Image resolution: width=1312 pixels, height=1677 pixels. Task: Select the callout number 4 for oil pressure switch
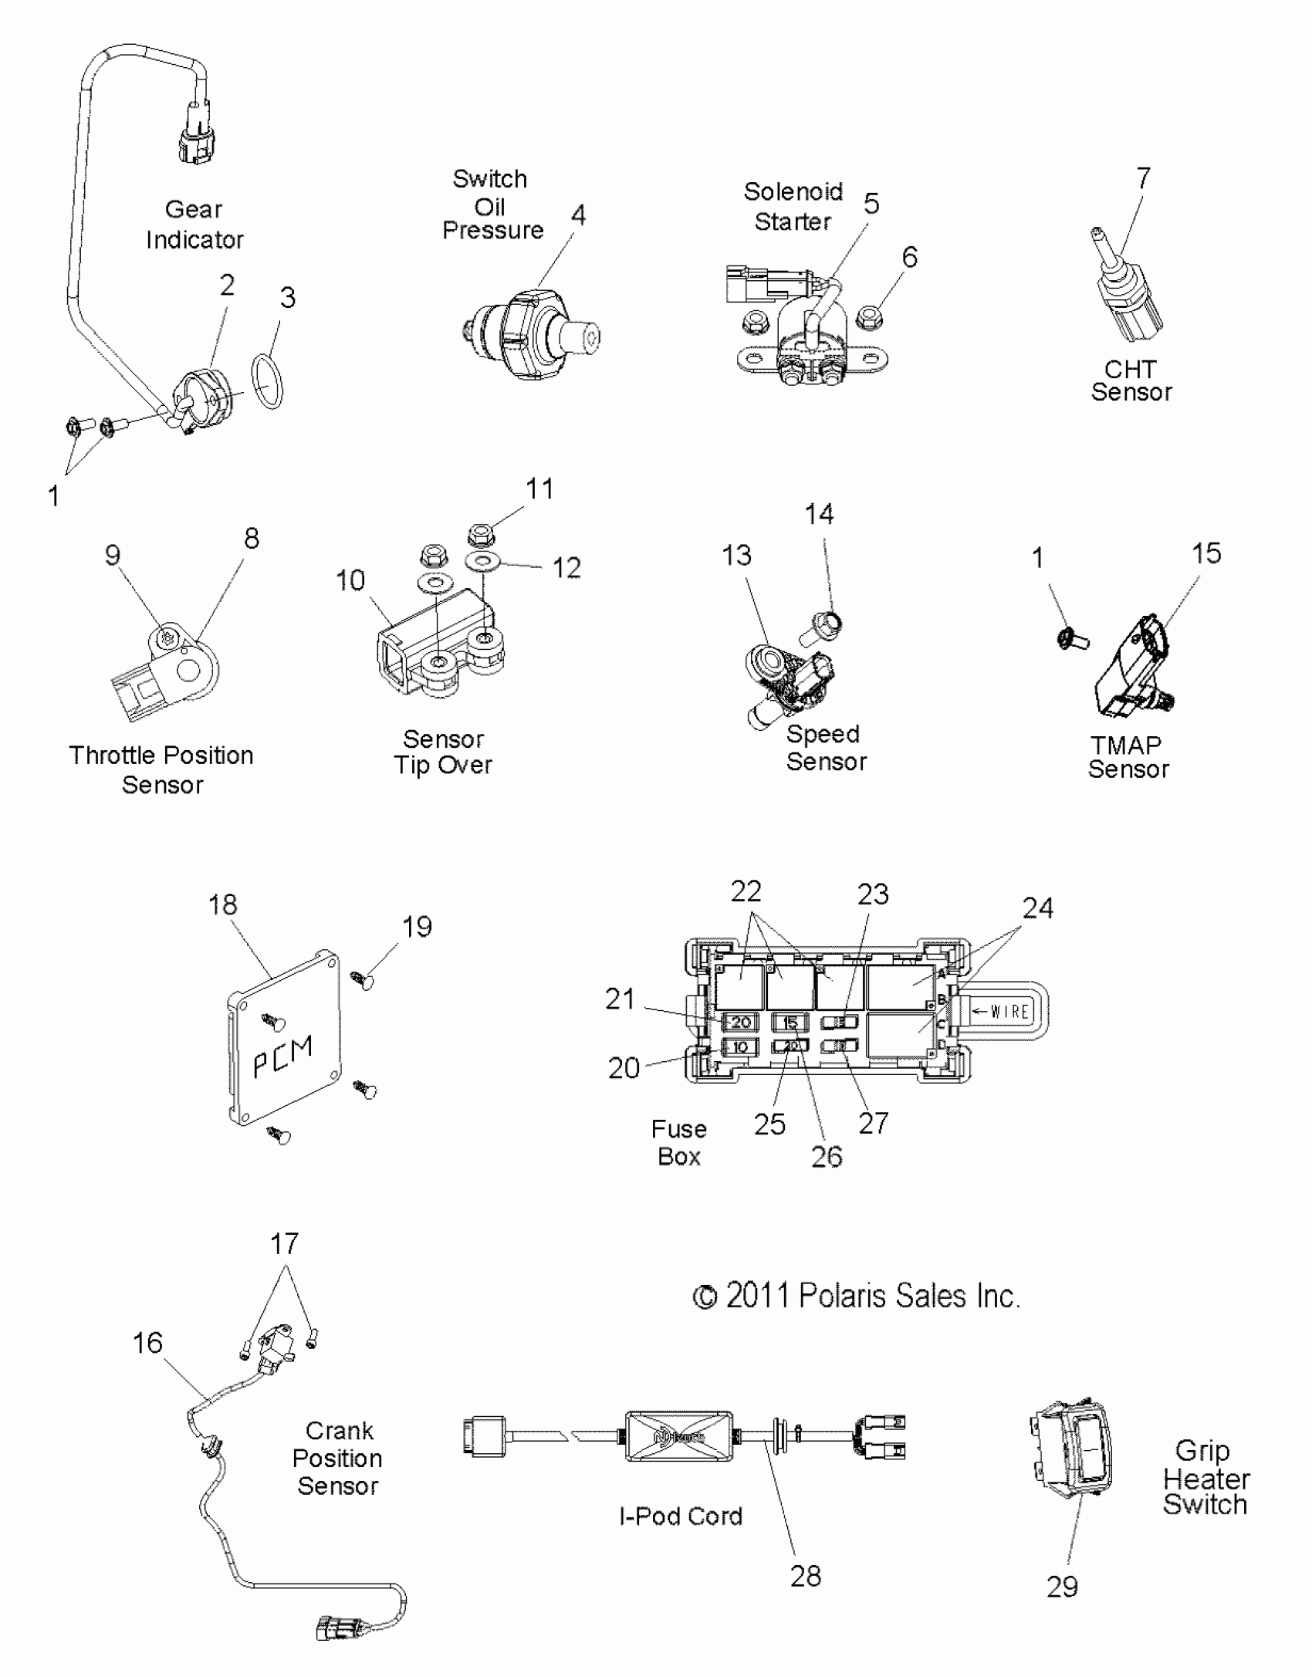[578, 215]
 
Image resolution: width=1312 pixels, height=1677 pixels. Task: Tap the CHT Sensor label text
[1131, 381]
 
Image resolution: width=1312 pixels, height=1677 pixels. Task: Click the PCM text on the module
[283, 1056]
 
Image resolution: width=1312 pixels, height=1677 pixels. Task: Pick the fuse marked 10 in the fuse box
[740, 1047]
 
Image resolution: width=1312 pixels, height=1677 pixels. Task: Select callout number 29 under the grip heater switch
[1062, 1587]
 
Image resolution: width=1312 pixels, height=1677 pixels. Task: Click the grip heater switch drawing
[1071, 1446]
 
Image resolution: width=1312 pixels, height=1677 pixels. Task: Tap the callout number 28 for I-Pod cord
[806, 1576]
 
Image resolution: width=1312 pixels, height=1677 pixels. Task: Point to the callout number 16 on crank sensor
[147, 1343]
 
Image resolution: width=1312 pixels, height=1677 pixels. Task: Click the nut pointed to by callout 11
[482, 533]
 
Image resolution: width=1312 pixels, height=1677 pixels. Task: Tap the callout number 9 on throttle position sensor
[113, 555]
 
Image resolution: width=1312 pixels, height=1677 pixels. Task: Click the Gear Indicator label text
[194, 225]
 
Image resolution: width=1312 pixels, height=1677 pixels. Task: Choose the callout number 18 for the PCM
[222, 904]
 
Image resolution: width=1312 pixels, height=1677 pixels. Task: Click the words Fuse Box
[678, 1142]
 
